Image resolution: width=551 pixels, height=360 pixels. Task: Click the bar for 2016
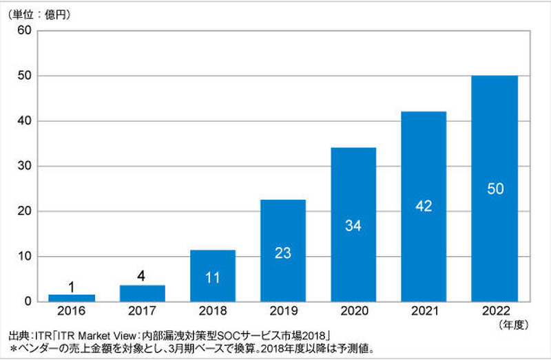[72, 298]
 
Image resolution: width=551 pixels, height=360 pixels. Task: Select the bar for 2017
[142, 293]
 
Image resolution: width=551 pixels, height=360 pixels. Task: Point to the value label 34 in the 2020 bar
[353, 225]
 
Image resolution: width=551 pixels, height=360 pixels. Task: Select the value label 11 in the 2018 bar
[212, 278]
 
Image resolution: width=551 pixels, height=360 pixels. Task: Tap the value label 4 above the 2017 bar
[142, 276]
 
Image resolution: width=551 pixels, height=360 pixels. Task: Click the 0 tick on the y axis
[28, 301]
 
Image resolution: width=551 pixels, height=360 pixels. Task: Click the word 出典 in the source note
[18, 337]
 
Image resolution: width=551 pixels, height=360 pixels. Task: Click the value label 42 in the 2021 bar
[424, 206]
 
